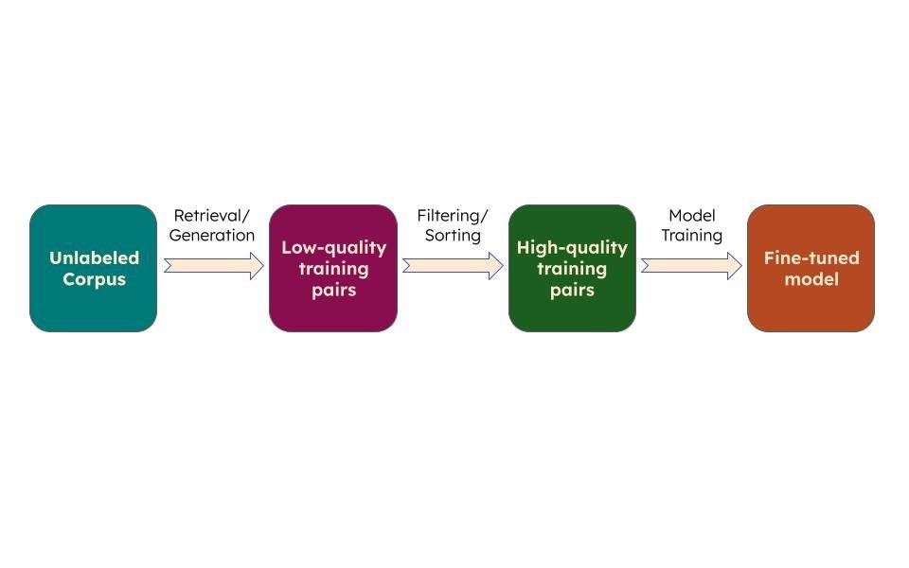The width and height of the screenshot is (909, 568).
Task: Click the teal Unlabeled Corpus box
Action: pyautogui.click(x=94, y=268)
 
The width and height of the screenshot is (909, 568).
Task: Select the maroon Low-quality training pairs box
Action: pyautogui.click(x=333, y=268)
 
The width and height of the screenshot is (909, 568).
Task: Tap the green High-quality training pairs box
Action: pyautogui.click(x=572, y=268)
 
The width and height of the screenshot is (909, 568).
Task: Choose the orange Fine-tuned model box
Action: pyautogui.click(x=811, y=268)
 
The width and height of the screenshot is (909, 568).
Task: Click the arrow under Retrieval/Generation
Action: pyautogui.click(x=214, y=266)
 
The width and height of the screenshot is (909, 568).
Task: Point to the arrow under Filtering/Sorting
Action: pyautogui.click(x=453, y=266)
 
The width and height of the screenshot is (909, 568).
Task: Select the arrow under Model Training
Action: pyautogui.click(x=691, y=266)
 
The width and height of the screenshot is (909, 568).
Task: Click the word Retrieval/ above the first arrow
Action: pyautogui.click(x=211, y=216)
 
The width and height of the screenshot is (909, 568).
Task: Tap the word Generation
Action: pyautogui.click(x=211, y=236)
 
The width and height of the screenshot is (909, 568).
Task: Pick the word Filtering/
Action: pyautogui.click(x=453, y=216)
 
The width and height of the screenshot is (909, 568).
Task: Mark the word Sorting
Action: pyautogui.click(x=453, y=236)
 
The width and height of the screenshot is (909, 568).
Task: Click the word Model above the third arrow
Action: pyautogui.click(x=692, y=216)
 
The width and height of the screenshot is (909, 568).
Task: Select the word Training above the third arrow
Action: pyautogui.click(x=692, y=236)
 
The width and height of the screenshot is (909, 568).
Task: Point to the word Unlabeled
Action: pyautogui.click(x=94, y=257)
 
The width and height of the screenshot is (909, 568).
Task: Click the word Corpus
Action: pyautogui.click(x=94, y=279)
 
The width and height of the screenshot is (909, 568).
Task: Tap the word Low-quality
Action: pyautogui.click(x=334, y=247)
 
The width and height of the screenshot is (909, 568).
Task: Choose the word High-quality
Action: pyautogui.click(x=572, y=247)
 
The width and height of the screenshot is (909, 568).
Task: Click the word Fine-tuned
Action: pyautogui.click(x=811, y=257)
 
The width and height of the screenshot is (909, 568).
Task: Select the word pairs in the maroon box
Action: pyautogui.click(x=334, y=291)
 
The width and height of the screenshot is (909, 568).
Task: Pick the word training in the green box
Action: pyautogui.click(x=572, y=269)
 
